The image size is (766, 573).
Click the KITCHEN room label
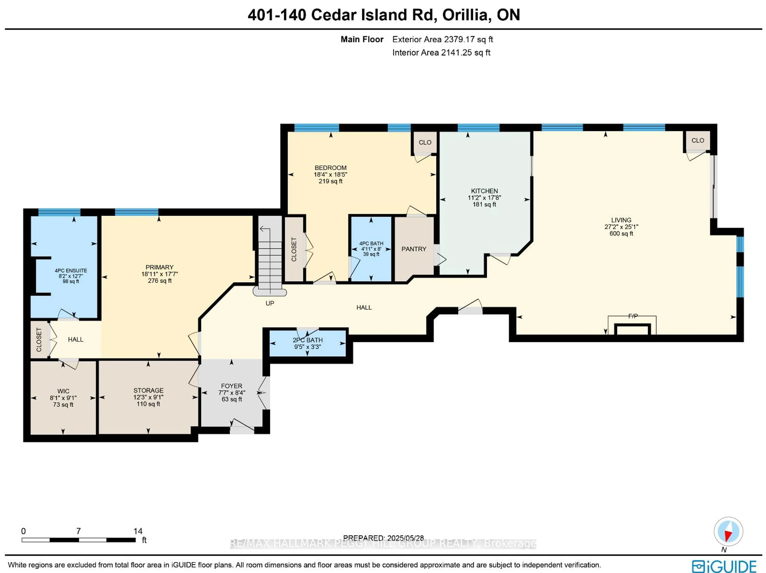(484, 191)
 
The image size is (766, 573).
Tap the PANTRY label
(414, 249)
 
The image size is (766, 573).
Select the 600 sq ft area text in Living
(621, 234)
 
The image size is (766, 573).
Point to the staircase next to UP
(270, 256)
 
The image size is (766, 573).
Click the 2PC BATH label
(308, 340)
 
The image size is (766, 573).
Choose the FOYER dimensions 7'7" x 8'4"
(232, 393)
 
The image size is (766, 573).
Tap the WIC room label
(63, 391)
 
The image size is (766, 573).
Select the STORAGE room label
(148, 390)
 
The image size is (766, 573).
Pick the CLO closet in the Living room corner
(697, 141)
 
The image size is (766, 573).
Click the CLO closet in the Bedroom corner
(425, 143)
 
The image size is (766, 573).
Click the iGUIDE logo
(724, 566)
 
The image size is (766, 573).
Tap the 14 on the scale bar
(138, 531)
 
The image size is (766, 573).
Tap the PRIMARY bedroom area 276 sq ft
(160, 281)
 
